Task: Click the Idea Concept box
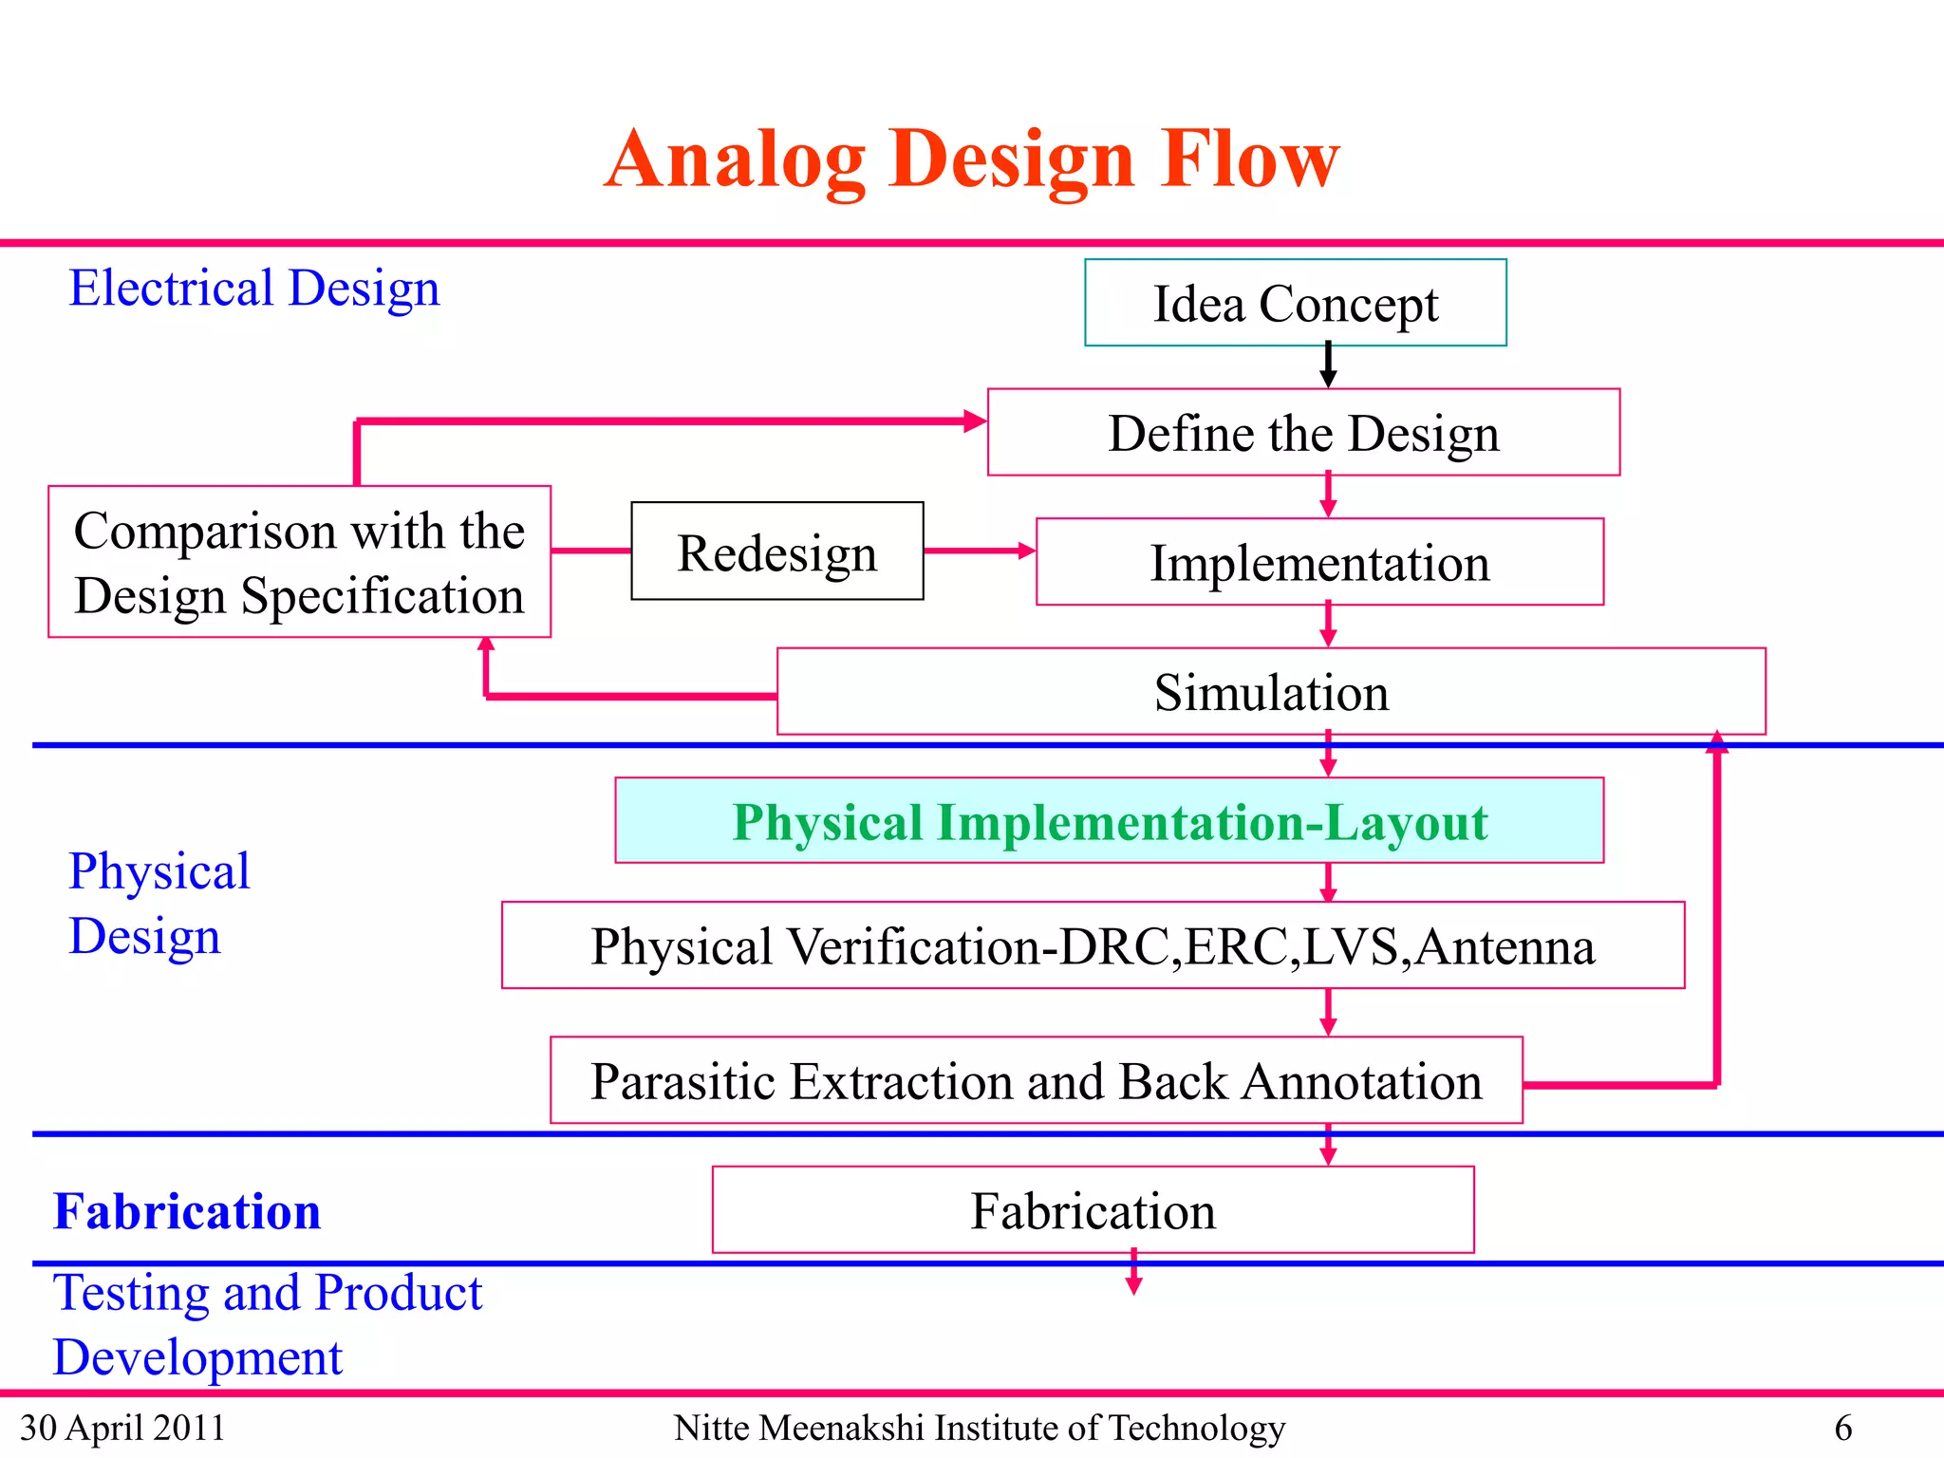1295,303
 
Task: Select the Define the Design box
1302,433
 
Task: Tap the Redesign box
776,551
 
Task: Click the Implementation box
1319,562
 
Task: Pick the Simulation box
1270,692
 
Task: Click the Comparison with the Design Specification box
299,562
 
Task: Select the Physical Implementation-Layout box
1109,821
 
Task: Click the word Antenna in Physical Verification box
1505,947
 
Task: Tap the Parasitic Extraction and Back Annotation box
1036,1081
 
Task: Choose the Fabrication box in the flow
1093,1210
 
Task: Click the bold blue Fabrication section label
187,1211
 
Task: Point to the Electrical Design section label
254,288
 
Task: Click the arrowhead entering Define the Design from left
974,421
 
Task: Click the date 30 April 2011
122,1428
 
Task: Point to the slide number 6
1842,1428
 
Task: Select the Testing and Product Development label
268,1324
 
